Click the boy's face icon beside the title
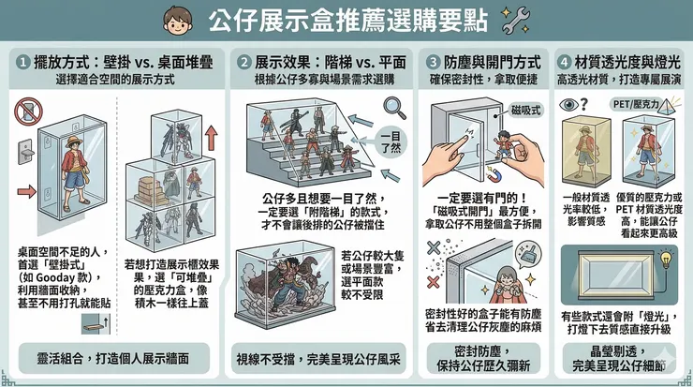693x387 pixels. tap(178, 21)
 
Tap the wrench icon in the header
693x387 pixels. tap(516, 20)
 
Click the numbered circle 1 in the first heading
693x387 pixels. tap(23, 62)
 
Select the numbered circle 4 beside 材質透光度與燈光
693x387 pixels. tap(564, 62)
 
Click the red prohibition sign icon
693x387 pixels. tap(28, 111)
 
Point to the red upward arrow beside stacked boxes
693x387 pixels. tap(212, 138)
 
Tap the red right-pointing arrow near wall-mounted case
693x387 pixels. tap(26, 191)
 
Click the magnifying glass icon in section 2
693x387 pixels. tap(394, 109)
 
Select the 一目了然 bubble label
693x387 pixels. tap(390, 141)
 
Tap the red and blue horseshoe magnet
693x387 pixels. tap(494, 174)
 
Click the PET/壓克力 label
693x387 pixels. tap(636, 104)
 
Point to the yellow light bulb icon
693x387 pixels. tap(666, 259)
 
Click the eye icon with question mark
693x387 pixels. tap(574, 105)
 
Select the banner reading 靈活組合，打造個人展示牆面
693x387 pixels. tap(113, 358)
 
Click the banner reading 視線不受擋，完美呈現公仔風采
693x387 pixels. tap(318, 359)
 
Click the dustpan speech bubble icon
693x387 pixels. tap(527, 253)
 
